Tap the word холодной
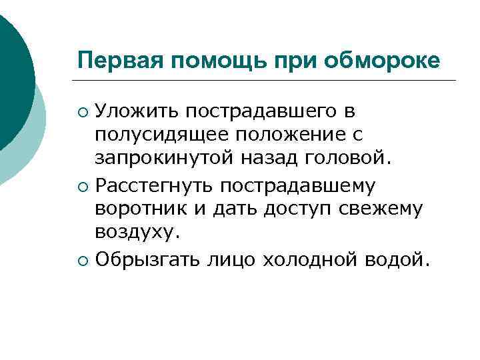(314, 258)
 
